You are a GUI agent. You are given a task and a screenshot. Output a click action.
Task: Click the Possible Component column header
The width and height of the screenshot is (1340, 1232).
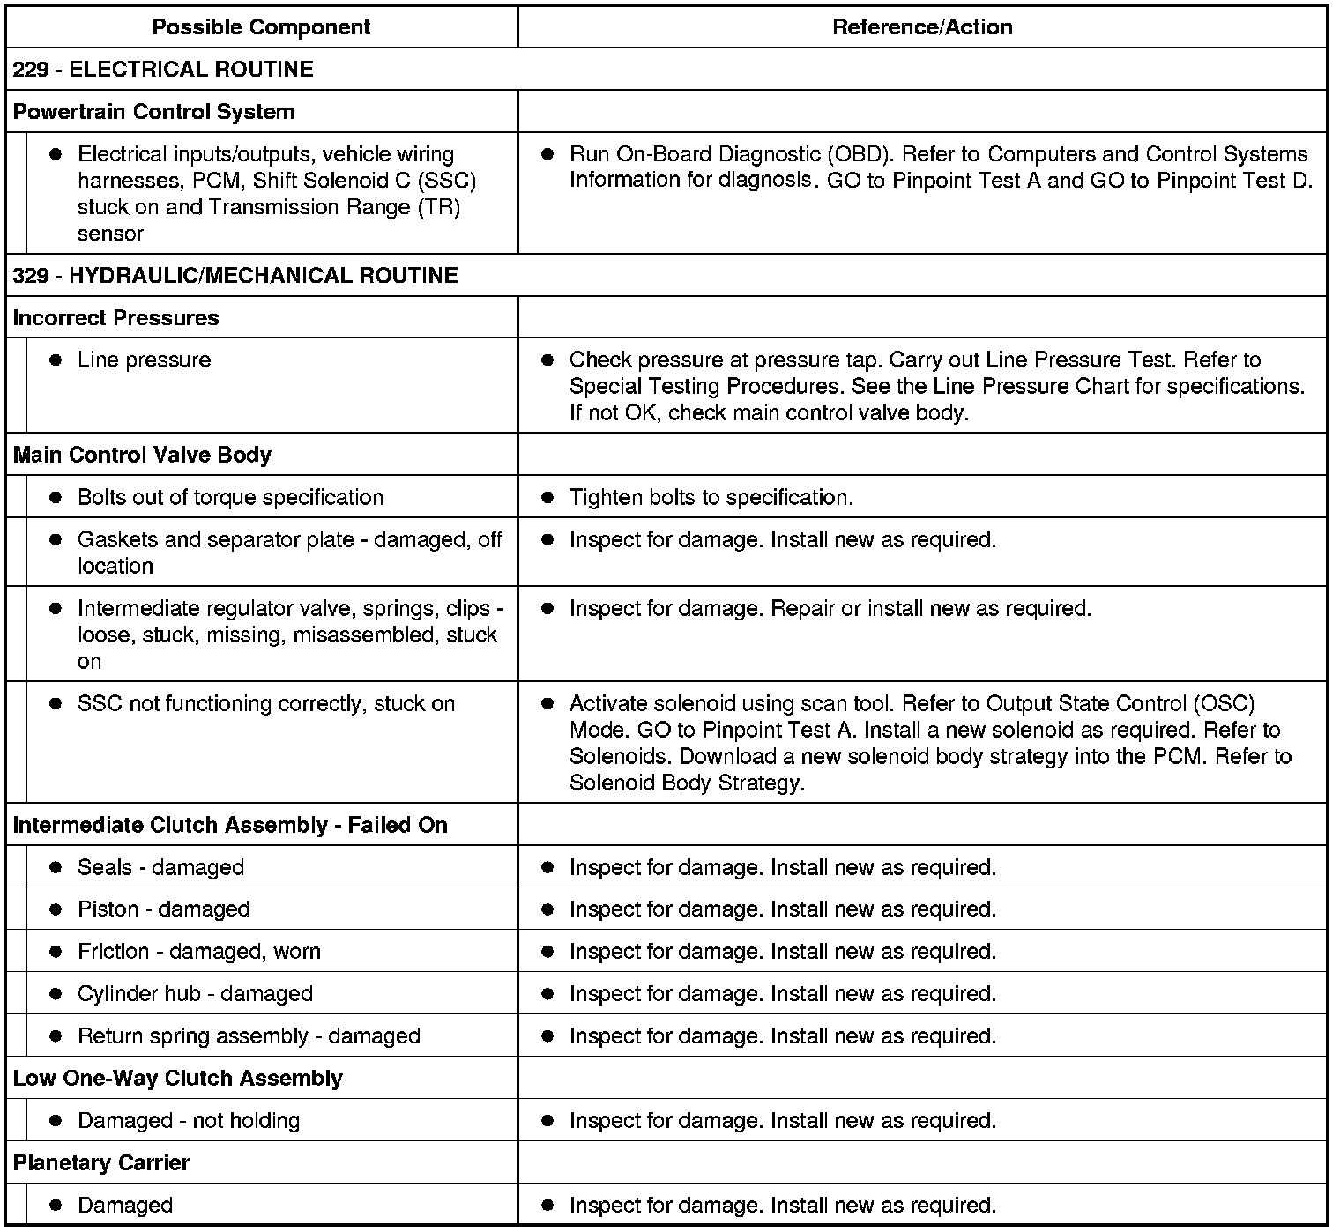(261, 27)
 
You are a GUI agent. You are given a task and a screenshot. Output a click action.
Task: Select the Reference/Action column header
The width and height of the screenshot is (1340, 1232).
(922, 27)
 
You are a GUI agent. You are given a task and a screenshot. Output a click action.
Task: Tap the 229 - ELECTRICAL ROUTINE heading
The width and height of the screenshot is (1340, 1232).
(164, 70)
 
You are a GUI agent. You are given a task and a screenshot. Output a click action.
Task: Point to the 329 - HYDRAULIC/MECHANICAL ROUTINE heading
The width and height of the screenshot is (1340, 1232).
(235, 276)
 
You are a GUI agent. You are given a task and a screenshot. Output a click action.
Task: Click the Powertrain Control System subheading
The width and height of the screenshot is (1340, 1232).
(153, 112)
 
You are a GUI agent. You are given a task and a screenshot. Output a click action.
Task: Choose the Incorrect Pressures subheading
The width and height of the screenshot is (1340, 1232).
(115, 318)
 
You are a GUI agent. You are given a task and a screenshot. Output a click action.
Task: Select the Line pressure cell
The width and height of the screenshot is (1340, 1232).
(145, 360)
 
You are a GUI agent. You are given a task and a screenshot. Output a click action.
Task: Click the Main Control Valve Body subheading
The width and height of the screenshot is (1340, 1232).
(142, 456)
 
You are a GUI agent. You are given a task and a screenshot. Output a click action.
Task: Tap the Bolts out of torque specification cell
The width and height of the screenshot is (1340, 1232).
(230, 498)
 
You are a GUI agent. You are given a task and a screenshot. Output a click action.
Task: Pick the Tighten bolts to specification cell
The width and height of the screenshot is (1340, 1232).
(711, 498)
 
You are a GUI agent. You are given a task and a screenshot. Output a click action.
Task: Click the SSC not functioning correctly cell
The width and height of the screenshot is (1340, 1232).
(266, 704)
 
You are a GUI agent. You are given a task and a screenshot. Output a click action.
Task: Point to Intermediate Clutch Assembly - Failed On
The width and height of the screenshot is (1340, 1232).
(230, 826)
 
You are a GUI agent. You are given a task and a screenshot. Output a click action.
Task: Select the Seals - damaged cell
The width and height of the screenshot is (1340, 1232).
(160, 868)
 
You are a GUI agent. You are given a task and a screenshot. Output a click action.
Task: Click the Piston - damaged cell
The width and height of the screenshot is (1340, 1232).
(164, 909)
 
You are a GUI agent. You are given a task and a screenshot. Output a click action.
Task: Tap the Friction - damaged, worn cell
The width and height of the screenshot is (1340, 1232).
(199, 952)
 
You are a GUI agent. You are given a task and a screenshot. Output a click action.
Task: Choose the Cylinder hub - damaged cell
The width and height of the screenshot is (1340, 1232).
(195, 994)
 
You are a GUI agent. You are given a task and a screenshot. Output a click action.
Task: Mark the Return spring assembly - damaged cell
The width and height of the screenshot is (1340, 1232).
(249, 1036)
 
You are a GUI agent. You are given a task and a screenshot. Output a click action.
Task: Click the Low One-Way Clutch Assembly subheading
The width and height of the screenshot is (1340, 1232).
(177, 1079)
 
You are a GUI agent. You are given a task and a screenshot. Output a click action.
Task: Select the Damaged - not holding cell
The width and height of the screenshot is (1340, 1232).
(189, 1121)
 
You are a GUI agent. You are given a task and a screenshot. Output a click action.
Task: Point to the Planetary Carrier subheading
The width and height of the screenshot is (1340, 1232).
(101, 1163)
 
